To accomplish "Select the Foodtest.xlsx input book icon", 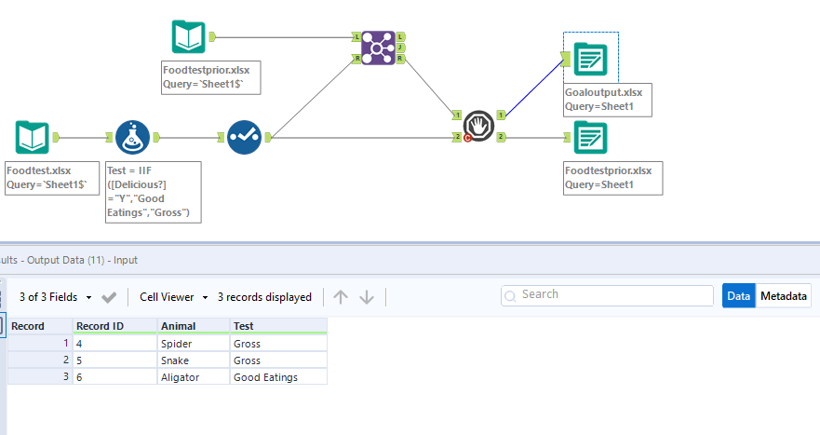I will [33, 138].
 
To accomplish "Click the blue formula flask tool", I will [133, 138].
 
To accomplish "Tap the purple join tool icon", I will [379, 48].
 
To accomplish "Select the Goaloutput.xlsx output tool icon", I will [590, 59].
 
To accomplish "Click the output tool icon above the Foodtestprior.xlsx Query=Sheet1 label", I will [590, 138].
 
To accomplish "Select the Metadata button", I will [783, 296].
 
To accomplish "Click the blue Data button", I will [738, 296].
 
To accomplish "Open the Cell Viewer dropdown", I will [174, 297].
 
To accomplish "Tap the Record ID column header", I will [114, 326].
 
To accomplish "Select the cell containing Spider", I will [193, 344].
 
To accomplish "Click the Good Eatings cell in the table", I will [277, 376].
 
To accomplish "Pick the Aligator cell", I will [193, 376].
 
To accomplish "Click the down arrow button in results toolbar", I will [367, 297].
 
